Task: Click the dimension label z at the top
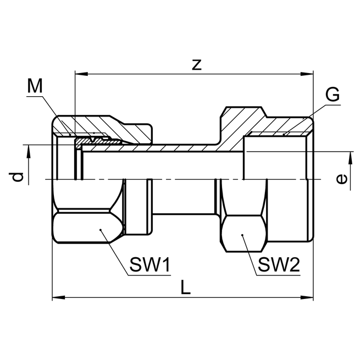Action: [x=197, y=64]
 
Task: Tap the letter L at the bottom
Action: [x=186, y=287]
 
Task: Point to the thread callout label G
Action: [x=332, y=95]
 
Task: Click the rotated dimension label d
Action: [x=18, y=176]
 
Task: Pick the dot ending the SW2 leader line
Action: [x=243, y=235]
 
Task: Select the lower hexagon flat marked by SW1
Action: [x=88, y=228]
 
